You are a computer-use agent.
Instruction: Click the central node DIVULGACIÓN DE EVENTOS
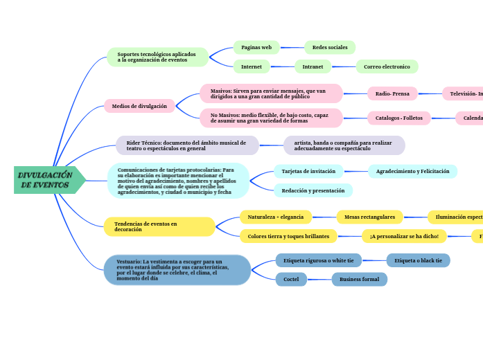click(46, 180)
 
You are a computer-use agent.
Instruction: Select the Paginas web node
click(256, 47)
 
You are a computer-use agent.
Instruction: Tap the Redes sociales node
click(330, 47)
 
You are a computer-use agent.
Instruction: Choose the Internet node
click(252, 66)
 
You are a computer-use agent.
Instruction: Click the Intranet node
click(313, 66)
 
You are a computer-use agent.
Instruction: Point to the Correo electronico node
click(387, 66)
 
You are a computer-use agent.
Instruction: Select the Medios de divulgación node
click(139, 106)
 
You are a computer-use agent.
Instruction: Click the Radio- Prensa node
click(392, 93)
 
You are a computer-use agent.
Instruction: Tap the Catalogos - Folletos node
click(399, 118)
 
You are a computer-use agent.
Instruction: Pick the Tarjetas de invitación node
click(308, 171)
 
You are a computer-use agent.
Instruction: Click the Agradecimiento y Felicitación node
click(412, 171)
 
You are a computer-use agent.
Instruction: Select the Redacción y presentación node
click(313, 190)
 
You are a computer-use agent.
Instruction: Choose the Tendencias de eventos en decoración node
click(159, 226)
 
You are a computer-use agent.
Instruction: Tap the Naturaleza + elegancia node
click(276, 217)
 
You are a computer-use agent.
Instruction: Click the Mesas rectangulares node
click(369, 217)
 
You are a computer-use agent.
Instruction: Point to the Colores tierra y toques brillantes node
click(288, 236)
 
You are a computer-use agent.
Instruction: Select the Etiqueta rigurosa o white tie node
click(319, 260)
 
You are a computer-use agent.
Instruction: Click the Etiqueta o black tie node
click(418, 260)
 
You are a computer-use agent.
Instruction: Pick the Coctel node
click(291, 279)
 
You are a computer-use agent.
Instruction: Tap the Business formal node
click(359, 279)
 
